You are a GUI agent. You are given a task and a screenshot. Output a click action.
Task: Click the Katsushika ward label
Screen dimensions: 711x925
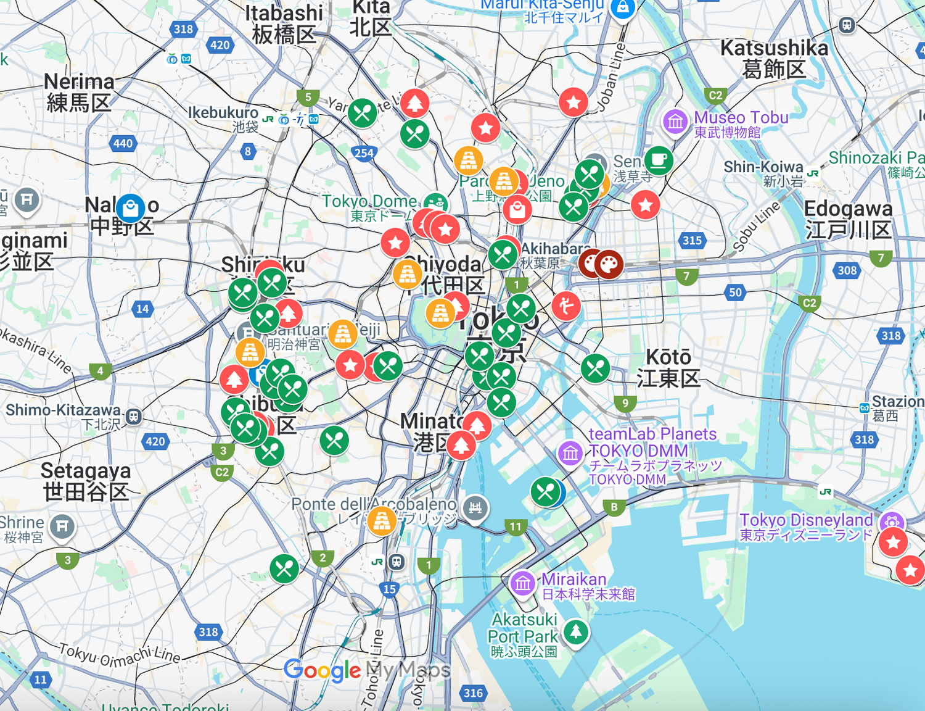[774, 58]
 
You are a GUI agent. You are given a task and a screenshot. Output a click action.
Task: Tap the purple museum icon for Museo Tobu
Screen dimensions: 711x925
[675, 122]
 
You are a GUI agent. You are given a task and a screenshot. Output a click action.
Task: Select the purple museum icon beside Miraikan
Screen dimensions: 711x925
[523, 583]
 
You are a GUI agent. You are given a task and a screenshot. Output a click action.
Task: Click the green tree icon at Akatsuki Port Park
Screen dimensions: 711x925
[576, 631]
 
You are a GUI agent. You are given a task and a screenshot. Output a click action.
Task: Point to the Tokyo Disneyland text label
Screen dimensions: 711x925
[805, 526]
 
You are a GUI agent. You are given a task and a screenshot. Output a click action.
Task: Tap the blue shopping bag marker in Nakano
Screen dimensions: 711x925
[130, 209]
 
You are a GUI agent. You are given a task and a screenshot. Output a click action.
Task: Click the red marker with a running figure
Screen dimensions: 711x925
[565, 306]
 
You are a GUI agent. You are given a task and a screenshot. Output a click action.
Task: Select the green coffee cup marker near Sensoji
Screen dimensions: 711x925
[658, 160]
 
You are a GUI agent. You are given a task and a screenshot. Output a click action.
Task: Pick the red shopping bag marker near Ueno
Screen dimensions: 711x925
[517, 210]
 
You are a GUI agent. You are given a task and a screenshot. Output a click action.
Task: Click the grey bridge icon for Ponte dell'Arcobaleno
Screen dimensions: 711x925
[475, 508]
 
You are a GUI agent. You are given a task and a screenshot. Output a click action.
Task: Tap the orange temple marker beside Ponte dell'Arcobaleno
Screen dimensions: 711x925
[382, 520]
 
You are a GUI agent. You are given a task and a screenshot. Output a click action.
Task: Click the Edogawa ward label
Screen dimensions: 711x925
[848, 219]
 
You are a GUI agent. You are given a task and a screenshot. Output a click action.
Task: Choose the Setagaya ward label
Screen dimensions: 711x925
[86, 481]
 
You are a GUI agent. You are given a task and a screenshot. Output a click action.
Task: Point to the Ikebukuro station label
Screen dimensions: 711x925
[223, 118]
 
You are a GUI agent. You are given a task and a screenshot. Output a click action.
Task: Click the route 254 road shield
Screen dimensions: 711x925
[364, 153]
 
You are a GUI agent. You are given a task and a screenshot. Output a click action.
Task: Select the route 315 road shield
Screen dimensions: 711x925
[692, 241]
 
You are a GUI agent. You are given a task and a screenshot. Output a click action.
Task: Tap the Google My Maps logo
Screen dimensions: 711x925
[366, 670]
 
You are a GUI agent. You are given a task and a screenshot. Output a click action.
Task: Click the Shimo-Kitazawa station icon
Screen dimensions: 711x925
[133, 417]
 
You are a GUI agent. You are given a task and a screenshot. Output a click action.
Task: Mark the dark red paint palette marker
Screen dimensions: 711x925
[609, 264]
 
